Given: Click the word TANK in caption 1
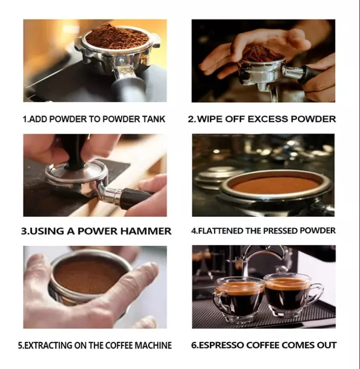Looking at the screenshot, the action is pos(154,119).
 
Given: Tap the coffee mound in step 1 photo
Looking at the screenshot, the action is pos(117,36).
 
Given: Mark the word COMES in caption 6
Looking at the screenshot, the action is pos(298,345).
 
